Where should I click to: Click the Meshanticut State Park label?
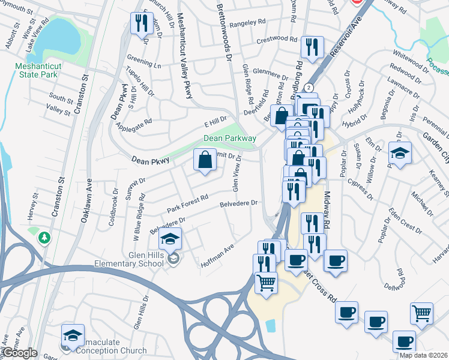(37, 70)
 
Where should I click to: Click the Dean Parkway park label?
(229, 138)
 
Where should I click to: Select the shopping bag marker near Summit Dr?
(205, 160)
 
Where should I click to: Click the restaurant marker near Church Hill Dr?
(142, 24)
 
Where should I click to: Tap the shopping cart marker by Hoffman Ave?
(267, 282)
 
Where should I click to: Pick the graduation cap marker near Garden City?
(400, 152)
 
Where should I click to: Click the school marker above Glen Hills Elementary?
(170, 239)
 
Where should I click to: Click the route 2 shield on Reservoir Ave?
(309, 88)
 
